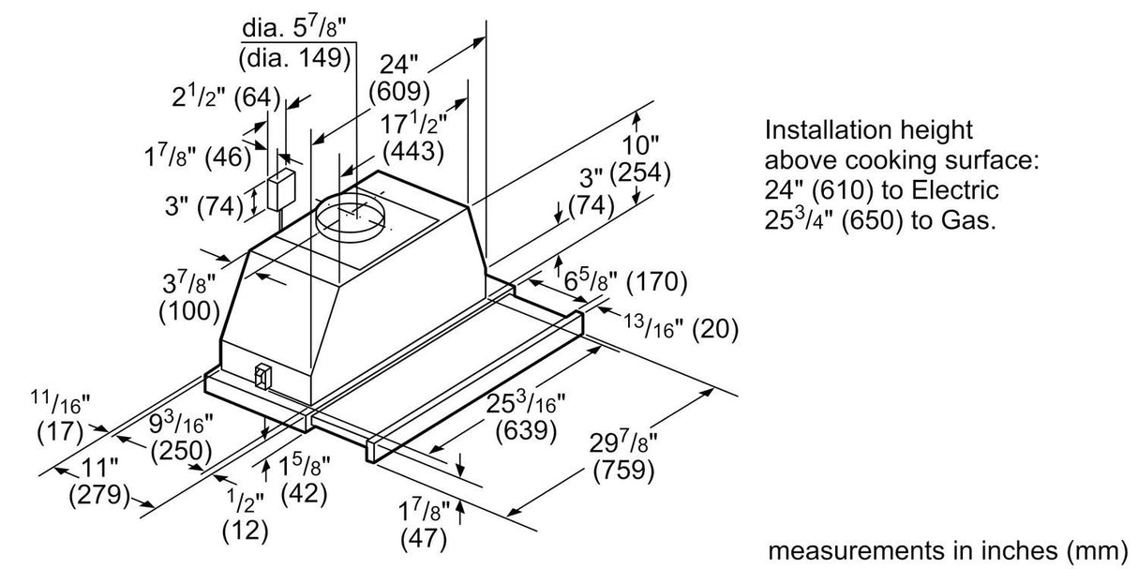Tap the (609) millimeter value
[x=399, y=92]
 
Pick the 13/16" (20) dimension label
[x=681, y=328]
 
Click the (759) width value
[x=623, y=470]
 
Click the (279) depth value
[x=98, y=493]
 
